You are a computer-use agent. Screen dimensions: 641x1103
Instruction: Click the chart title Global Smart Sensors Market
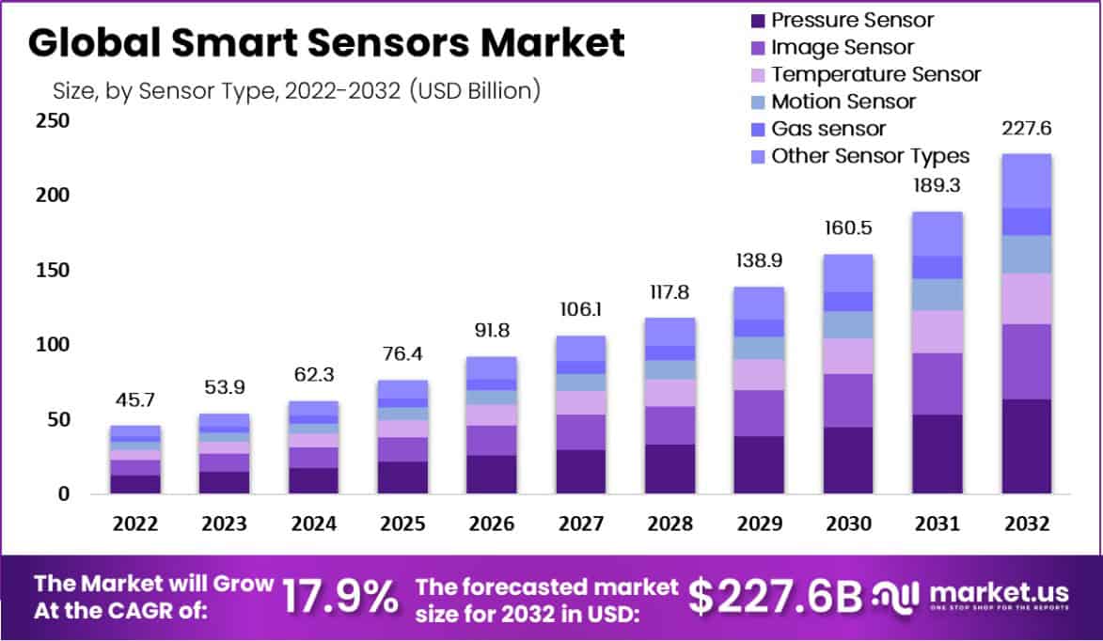coord(325,44)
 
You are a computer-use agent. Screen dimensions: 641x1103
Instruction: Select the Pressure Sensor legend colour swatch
coord(756,20)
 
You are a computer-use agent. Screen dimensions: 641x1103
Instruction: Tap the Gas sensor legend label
coord(828,129)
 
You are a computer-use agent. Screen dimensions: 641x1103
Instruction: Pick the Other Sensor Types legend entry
coord(870,156)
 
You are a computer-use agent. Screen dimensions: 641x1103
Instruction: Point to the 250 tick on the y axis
coord(53,121)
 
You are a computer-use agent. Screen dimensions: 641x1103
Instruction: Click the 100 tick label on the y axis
coord(53,345)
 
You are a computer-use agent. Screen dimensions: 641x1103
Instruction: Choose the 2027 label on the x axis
coord(580,524)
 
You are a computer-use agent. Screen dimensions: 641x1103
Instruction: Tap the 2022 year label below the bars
coord(135,524)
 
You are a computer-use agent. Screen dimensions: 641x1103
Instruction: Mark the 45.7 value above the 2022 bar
coord(135,401)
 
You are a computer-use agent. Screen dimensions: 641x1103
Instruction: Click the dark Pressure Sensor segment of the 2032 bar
coord(1026,446)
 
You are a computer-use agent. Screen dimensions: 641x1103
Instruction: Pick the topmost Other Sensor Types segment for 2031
coord(937,233)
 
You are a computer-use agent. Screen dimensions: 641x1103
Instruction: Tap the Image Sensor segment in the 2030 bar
coord(847,400)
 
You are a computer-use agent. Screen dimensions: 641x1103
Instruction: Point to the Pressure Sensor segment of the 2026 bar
coord(491,475)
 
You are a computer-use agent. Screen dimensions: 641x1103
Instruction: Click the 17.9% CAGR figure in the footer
coord(340,597)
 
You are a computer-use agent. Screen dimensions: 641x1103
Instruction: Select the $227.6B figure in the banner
coord(775,595)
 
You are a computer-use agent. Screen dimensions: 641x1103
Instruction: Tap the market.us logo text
coord(999,593)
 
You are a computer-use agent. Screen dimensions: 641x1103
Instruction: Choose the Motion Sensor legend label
coord(843,102)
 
